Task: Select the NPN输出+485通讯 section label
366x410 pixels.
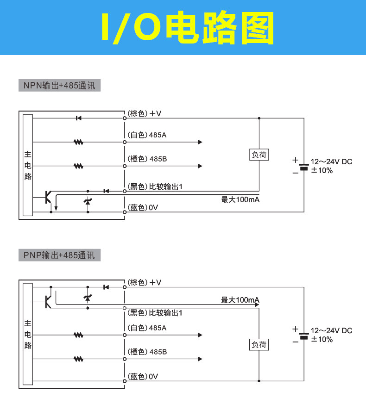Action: pyautogui.click(x=59, y=86)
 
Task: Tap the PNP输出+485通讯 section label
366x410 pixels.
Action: pyautogui.click(x=59, y=255)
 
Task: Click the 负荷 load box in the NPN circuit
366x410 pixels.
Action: pyautogui.click(x=259, y=155)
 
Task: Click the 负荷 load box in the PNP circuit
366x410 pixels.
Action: pyautogui.click(x=259, y=345)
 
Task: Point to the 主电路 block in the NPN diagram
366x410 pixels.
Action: pyautogui.click(x=28, y=165)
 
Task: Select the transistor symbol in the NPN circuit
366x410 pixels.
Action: pyautogui.click(x=48, y=197)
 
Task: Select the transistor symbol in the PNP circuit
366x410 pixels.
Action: pyautogui.click(x=48, y=301)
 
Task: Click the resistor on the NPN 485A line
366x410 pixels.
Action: pyautogui.click(x=78, y=142)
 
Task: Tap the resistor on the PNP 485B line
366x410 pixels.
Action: pyautogui.click(x=78, y=359)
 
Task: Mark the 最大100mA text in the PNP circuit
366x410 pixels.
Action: pyautogui.click(x=240, y=300)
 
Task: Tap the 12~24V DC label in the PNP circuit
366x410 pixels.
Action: pyautogui.click(x=331, y=330)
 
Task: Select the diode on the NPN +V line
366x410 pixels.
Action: pyautogui.click(x=78, y=118)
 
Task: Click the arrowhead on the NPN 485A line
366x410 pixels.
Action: pyautogui.click(x=200, y=142)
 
